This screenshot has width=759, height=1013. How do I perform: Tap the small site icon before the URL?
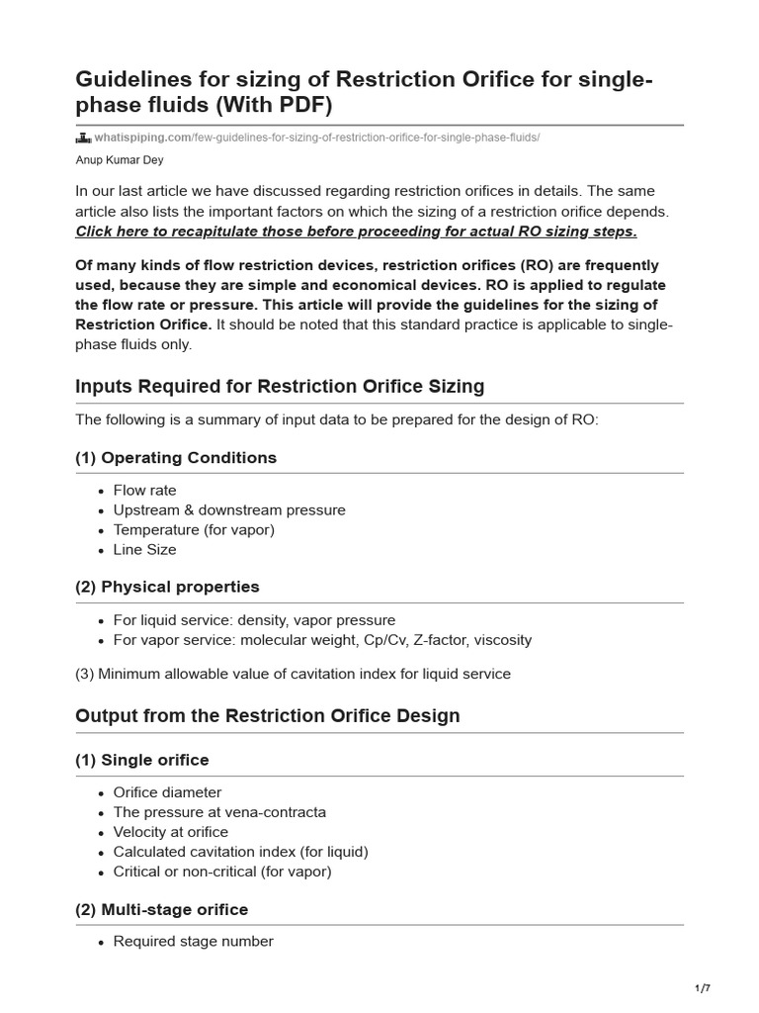pos(83,138)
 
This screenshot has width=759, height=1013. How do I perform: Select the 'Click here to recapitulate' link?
pos(356,231)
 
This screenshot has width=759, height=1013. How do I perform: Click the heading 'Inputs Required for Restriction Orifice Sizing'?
pos(280,386)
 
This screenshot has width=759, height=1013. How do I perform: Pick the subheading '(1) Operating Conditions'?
pos(176,458)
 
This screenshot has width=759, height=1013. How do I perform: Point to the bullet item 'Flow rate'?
pos(144,491)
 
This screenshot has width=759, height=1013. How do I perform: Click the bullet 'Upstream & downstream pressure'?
pos(229,510)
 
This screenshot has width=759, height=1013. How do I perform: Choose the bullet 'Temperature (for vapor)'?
pos(194,530)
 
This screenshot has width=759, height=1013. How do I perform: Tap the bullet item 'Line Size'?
pos(144,550)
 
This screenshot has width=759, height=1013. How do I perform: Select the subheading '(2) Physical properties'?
pos(167,587)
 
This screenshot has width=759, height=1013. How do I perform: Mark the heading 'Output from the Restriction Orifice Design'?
pos(268,715)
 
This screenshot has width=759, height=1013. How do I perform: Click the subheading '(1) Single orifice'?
pos(142,760)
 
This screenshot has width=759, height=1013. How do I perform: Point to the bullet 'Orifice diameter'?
pos(167,792)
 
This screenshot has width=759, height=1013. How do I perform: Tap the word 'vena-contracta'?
pos(279,812)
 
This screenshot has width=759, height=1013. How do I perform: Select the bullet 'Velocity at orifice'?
pos(170,832)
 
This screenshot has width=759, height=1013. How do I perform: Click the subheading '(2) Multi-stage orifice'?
pos(162,909)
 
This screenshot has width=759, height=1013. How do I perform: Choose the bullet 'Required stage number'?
pos(193,942)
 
